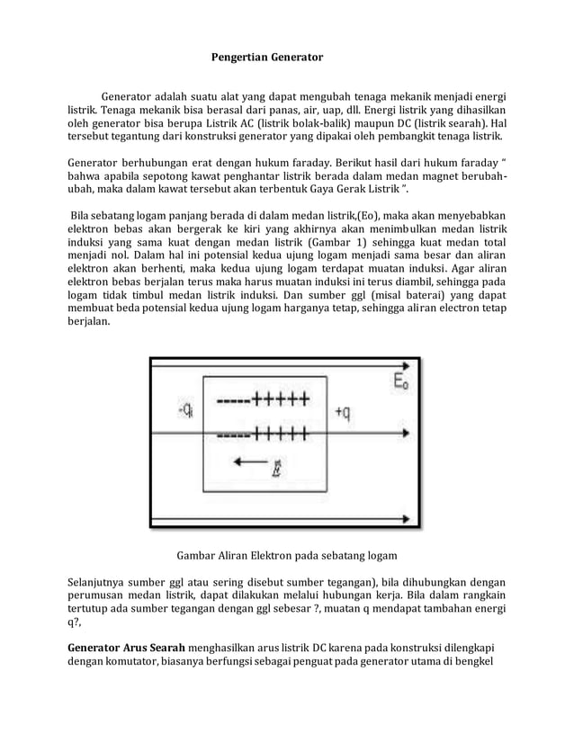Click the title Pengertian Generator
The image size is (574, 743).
pos(266,58)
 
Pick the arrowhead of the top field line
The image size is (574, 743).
pos(411,366)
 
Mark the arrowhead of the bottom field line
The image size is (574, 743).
pos(411,519)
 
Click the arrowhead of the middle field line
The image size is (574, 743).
pos(411,436)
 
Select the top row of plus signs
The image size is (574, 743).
pos(279,402)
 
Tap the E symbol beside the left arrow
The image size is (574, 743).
pos(274,469)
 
